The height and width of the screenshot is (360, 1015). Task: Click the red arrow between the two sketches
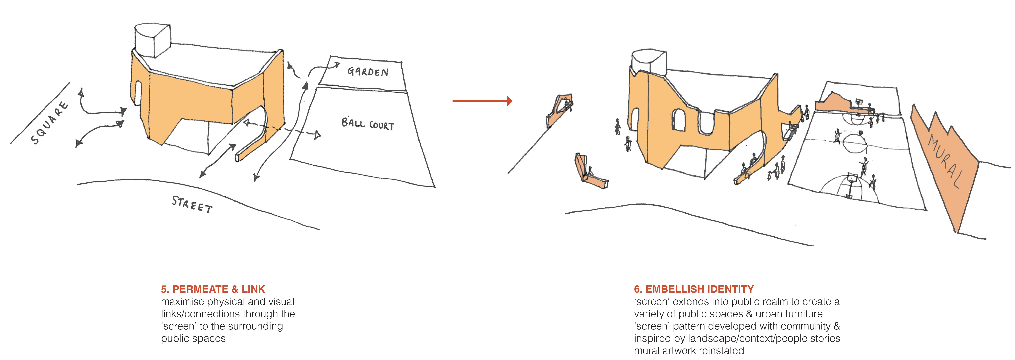pyautogui.click(x=482, y=101)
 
